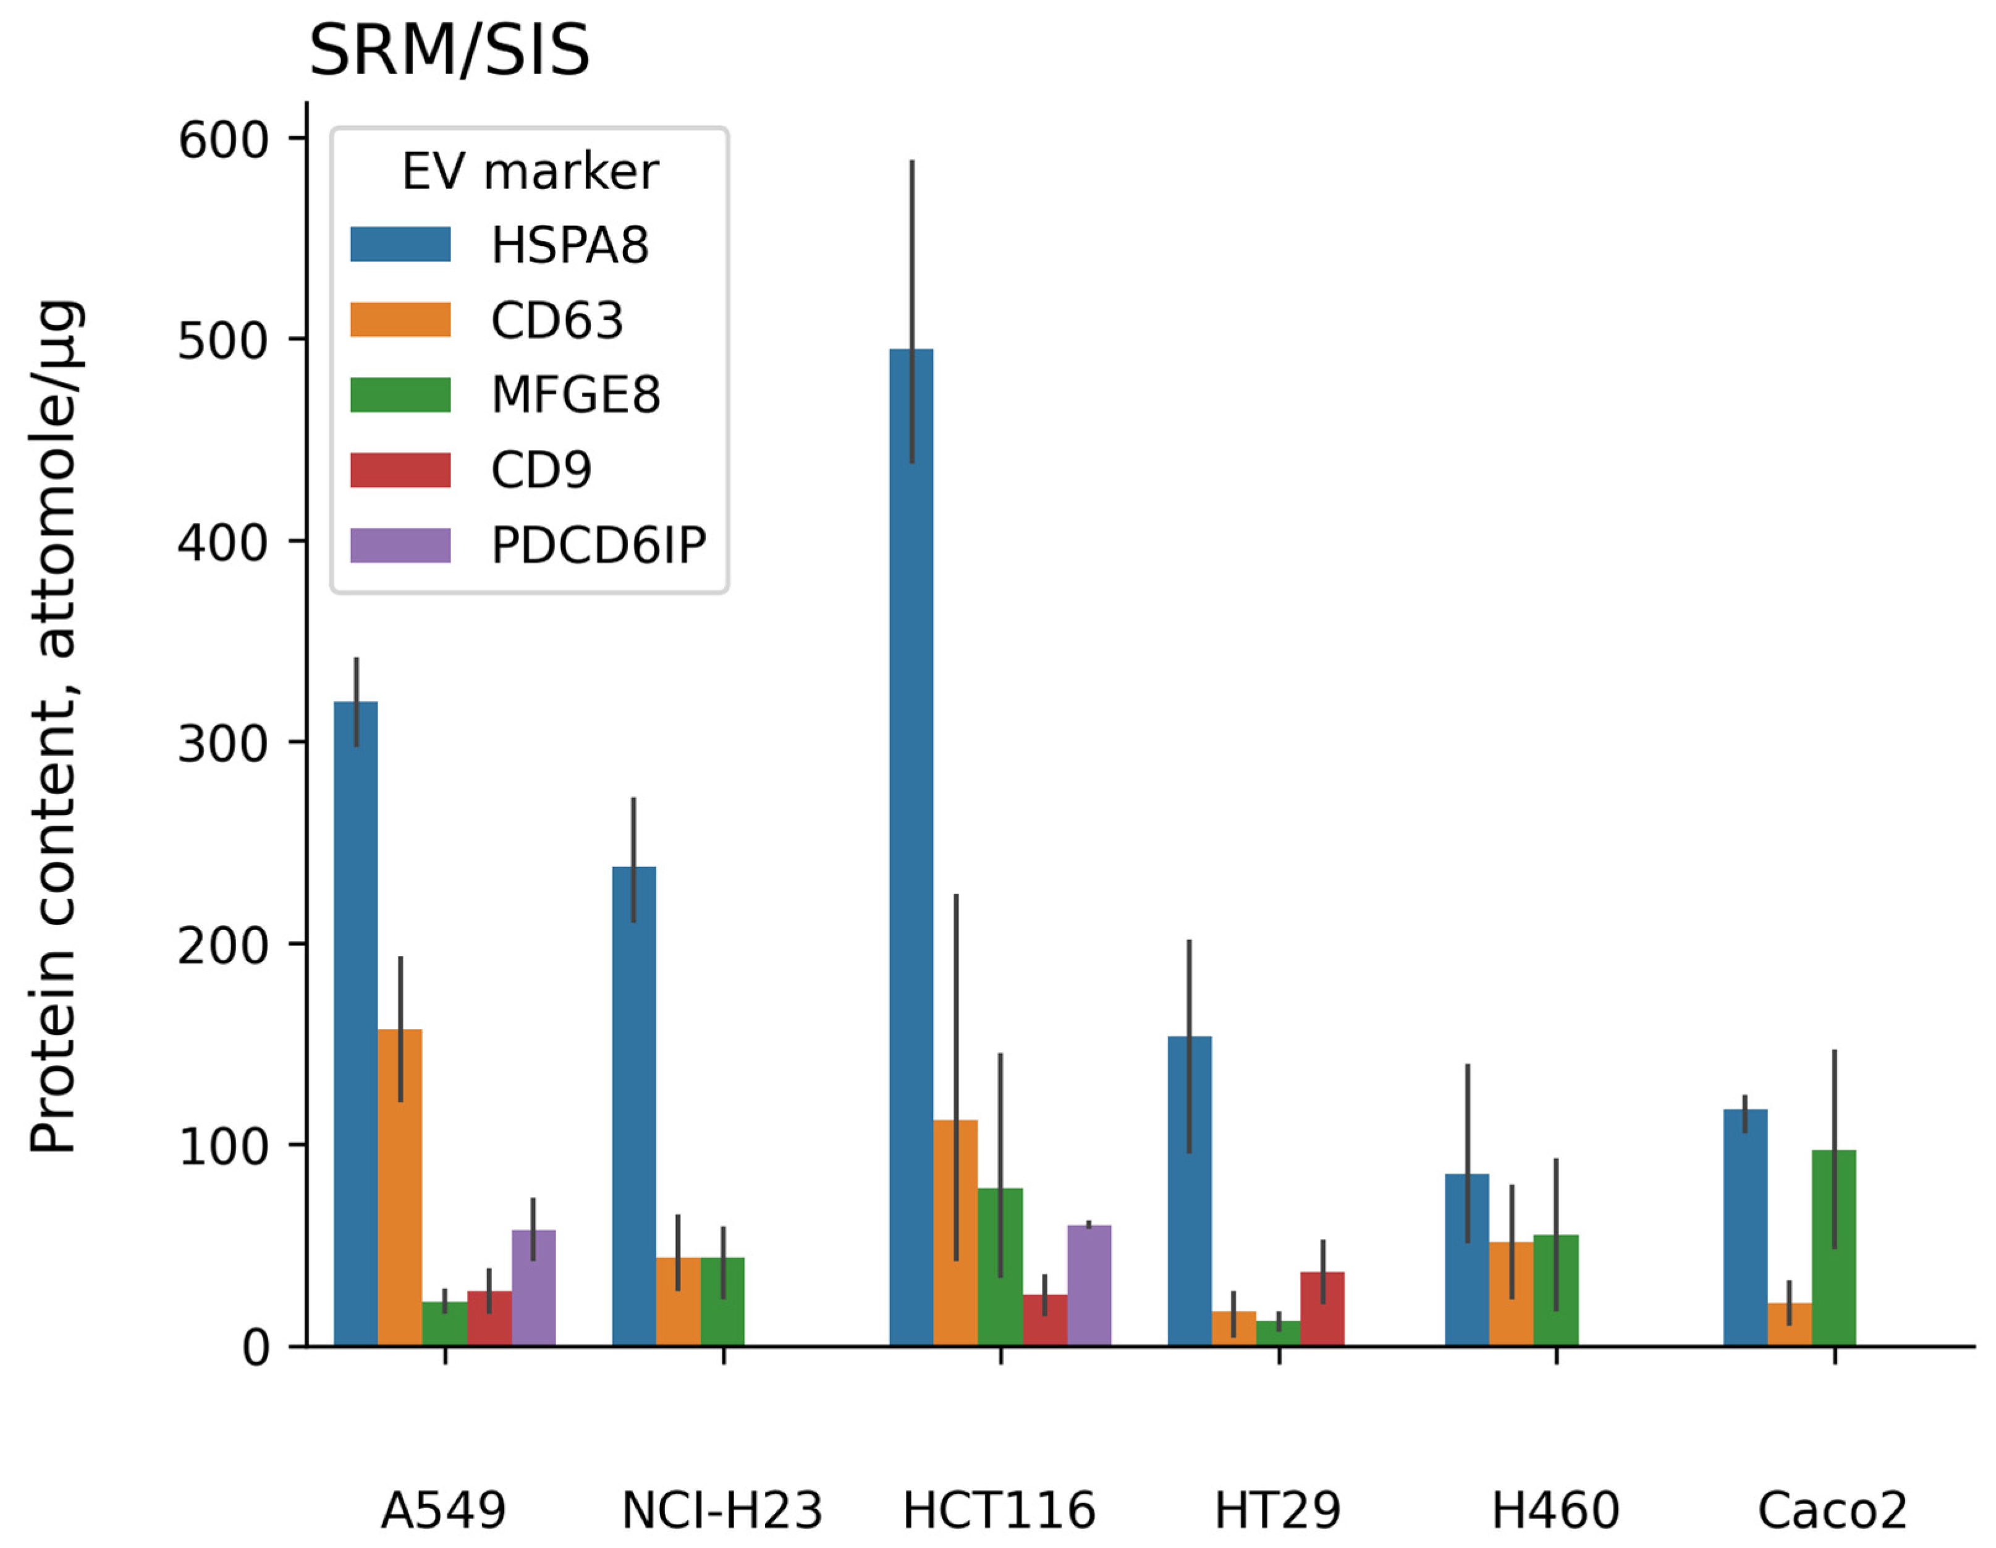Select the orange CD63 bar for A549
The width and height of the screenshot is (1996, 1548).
tap(399, 1187)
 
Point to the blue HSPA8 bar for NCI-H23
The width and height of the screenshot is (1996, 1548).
tap(633, 1106)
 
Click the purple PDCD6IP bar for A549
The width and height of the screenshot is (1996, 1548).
tap(534, 1288)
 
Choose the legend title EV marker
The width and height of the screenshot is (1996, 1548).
tap(530, 172)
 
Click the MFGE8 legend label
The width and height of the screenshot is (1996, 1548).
tap(575, 395)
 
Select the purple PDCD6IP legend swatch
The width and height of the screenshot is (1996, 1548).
tap(400, 546)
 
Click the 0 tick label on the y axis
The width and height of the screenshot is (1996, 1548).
tap(255, 1348)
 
